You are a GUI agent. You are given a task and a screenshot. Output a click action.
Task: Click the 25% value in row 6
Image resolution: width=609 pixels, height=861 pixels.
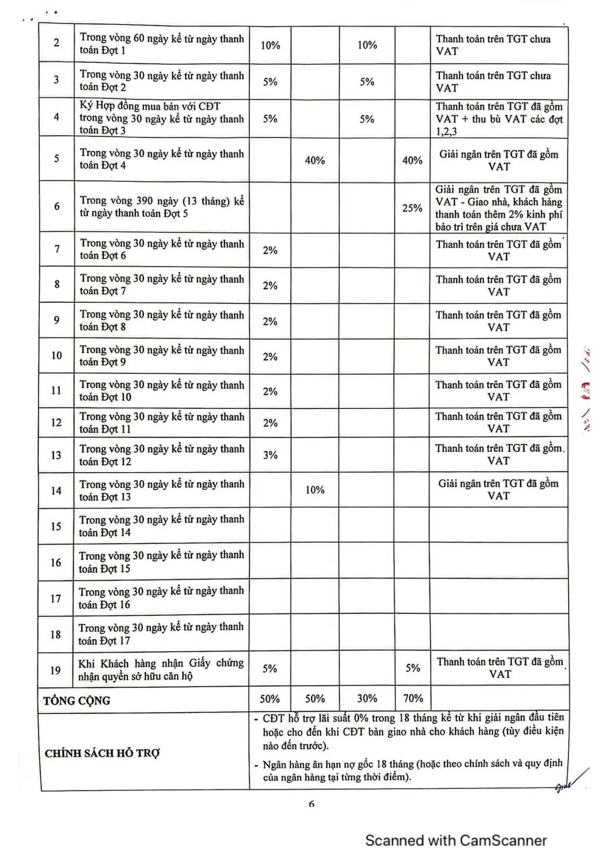tap(412, 208)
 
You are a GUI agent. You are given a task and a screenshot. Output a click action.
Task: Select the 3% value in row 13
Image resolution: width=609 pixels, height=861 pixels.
tap(270, 455)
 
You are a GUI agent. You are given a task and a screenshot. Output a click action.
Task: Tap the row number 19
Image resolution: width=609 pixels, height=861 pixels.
tap(55, 671)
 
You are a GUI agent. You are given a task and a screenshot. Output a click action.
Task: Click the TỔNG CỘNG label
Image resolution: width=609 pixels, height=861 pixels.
tap(76, 701)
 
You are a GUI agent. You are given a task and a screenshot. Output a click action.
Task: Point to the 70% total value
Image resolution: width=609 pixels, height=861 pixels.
tap(412, 698)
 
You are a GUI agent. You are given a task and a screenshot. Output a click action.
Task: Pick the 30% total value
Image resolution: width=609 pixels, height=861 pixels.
tap(367, 698)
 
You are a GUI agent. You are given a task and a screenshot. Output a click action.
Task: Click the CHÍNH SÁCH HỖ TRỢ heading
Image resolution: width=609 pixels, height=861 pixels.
tap(102, 753)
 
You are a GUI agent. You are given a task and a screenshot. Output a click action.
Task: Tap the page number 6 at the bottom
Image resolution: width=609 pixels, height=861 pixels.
tap(311, 804)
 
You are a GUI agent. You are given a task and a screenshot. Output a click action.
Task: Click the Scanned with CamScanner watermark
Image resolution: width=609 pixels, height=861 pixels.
tap(456, 841)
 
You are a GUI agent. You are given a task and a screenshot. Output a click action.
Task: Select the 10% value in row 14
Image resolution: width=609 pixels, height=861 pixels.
tap(314, 490)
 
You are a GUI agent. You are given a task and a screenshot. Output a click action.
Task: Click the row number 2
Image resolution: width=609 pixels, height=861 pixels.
tap(57, 43)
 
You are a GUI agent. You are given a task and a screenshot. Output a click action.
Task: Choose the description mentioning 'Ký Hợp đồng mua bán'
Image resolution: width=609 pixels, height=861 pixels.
tap(161, 118)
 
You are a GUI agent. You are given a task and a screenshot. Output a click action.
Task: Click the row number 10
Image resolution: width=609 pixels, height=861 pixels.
tap(57, 355)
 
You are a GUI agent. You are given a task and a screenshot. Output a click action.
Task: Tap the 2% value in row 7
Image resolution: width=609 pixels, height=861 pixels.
tap(270, 250)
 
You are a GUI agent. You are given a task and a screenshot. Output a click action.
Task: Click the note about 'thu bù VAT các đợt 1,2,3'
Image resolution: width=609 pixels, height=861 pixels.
tap(499, 119)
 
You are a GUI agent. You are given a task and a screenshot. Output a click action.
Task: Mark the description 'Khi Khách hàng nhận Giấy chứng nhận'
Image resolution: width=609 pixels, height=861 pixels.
tap(161, 669)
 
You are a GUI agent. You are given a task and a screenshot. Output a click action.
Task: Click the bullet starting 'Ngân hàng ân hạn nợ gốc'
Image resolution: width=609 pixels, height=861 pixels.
tap(412, 770)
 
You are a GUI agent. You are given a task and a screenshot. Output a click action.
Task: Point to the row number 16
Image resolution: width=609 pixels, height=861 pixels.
tap(56, 562)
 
